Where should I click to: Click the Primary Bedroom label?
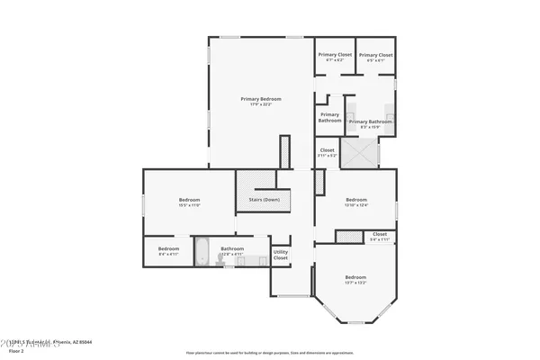coord(260,98)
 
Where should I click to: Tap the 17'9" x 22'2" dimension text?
coord(260,104)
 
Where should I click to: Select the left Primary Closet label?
coord(334,55)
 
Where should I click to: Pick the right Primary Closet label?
coord(376,55)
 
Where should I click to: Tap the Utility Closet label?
coord(281,255)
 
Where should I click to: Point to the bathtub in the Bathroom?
coord(202,251)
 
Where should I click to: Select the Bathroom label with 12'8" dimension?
coord(233,248)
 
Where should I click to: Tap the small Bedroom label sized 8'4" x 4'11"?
coord(169,248)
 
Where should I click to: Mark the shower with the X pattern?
coord(360,153)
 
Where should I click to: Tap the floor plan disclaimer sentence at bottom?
coord(270,353)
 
